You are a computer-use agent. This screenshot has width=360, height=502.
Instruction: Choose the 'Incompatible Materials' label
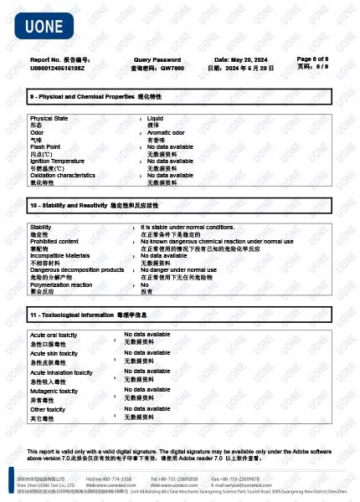click(59, 254)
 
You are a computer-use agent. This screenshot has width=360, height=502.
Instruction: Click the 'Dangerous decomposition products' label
click(77, 269)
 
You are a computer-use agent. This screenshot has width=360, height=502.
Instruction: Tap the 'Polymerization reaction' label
click(61, 284)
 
